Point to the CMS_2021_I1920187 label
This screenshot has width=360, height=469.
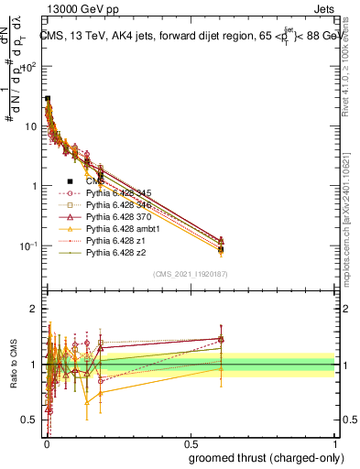tap(189, 274)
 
